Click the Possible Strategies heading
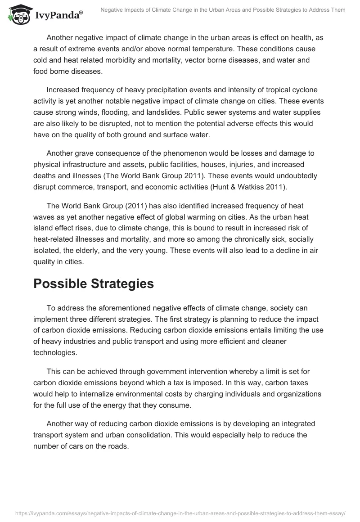[94, 283]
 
